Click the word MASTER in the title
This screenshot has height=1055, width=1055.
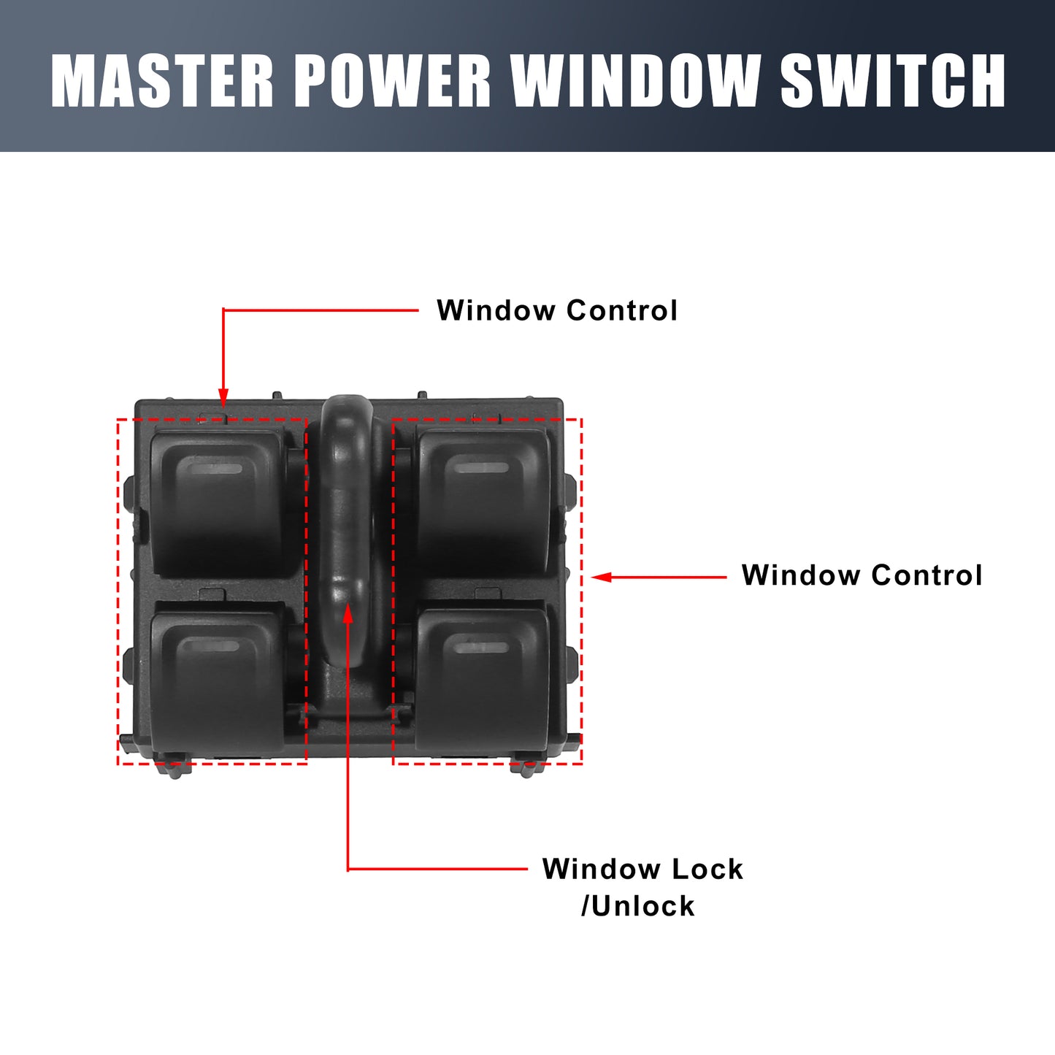click(x=161, y=80)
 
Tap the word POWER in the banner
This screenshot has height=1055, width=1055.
click(x=393, y=80)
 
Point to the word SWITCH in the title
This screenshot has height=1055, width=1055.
click(x=892, y=80)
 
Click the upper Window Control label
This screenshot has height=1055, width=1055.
click(x=557, y=310)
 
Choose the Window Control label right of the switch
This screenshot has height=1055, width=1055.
click(x=862, y=575)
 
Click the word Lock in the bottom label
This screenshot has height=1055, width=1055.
click(x=707, y=869)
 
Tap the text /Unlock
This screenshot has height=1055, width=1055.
click(x=638, y=906)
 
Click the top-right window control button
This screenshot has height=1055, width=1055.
click(x=483, y=502)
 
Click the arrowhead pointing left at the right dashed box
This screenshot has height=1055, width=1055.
click(x=601, y=577)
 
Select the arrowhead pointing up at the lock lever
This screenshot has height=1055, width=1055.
click(x=348, y=613)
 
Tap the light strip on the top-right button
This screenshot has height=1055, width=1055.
click(x=482, y=468)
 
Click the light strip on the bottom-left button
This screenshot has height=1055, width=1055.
click(x=211, y=647)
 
